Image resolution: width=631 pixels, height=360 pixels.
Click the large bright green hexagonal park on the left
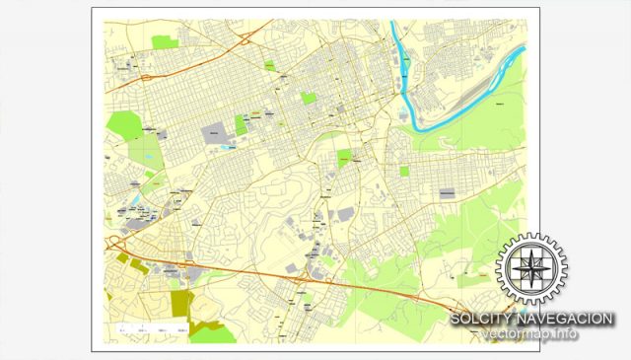(x=125, y=125)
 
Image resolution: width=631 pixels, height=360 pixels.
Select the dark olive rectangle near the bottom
(x=178, y=301)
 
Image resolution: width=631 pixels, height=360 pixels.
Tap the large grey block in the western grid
(x=213, y=131)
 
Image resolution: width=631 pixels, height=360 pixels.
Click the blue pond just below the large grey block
(x=230, y=147)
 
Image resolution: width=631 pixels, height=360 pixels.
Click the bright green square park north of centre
(x=310, y=99)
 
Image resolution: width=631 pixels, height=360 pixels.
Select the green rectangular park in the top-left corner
(x=166, y=42)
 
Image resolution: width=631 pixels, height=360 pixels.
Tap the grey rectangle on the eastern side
(x=447, y=193)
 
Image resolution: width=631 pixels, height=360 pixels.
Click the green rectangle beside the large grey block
(x=240, y=125)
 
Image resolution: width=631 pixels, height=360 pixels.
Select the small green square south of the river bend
(x=404, y=172)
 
